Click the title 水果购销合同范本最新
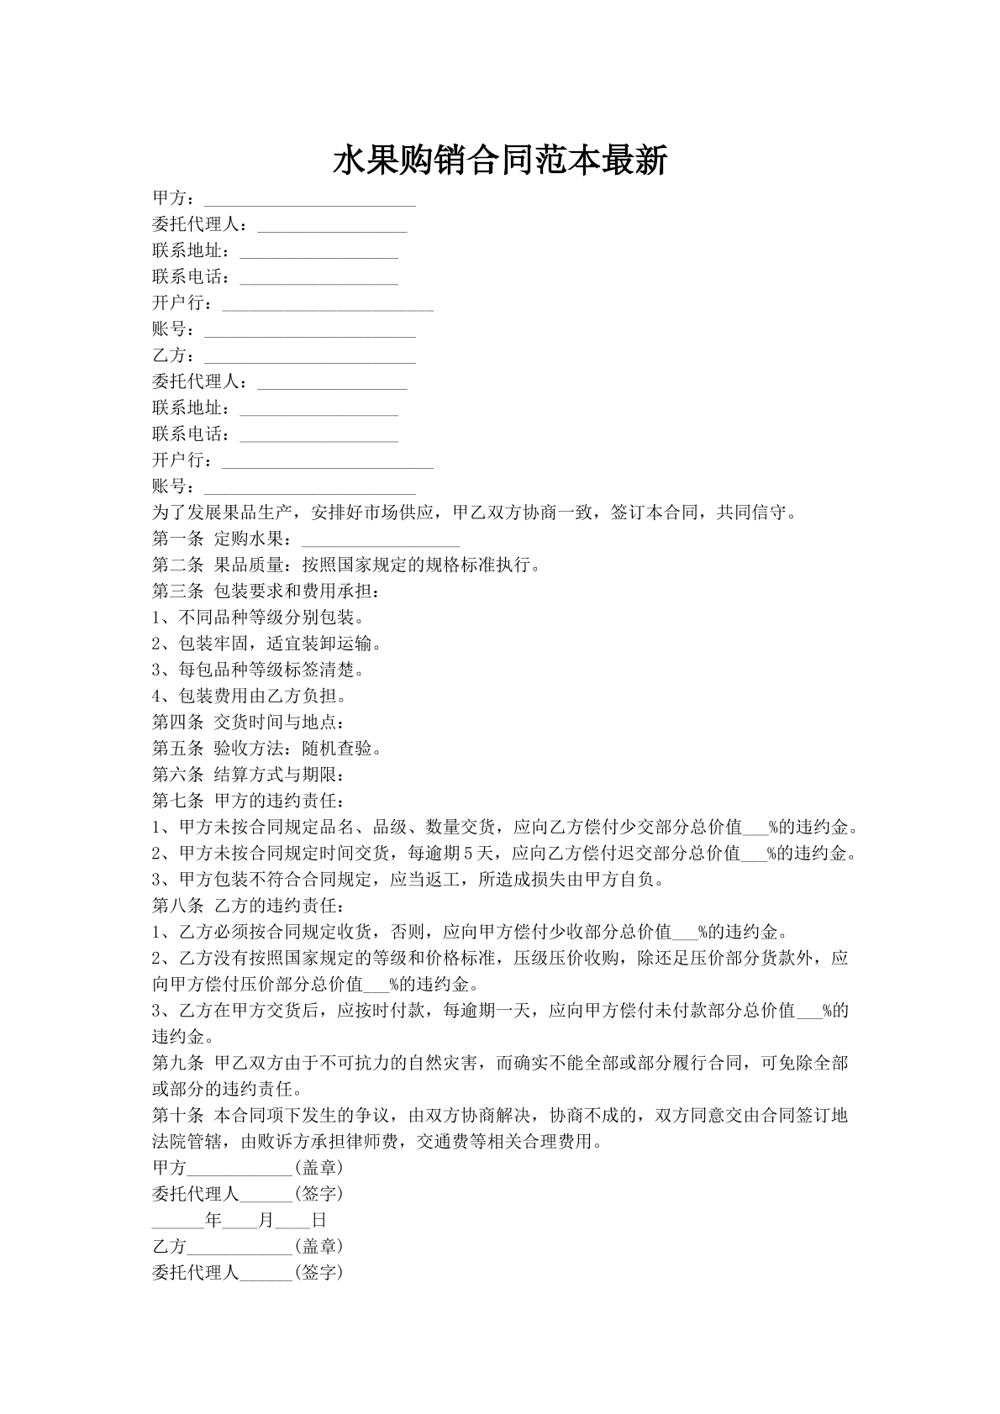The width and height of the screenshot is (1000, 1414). pos(500,160)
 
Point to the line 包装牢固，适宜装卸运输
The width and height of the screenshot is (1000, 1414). pos(268,644)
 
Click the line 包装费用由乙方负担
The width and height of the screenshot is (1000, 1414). pos(250,696)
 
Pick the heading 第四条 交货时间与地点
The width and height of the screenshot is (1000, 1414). pos(249,723)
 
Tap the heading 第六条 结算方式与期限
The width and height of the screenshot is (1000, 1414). pos(249,775)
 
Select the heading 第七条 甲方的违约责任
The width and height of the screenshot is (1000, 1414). pos(249,801)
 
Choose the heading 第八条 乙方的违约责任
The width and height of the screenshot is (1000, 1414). pos(249,906)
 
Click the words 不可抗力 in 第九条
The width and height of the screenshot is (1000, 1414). pos(354,1064)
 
